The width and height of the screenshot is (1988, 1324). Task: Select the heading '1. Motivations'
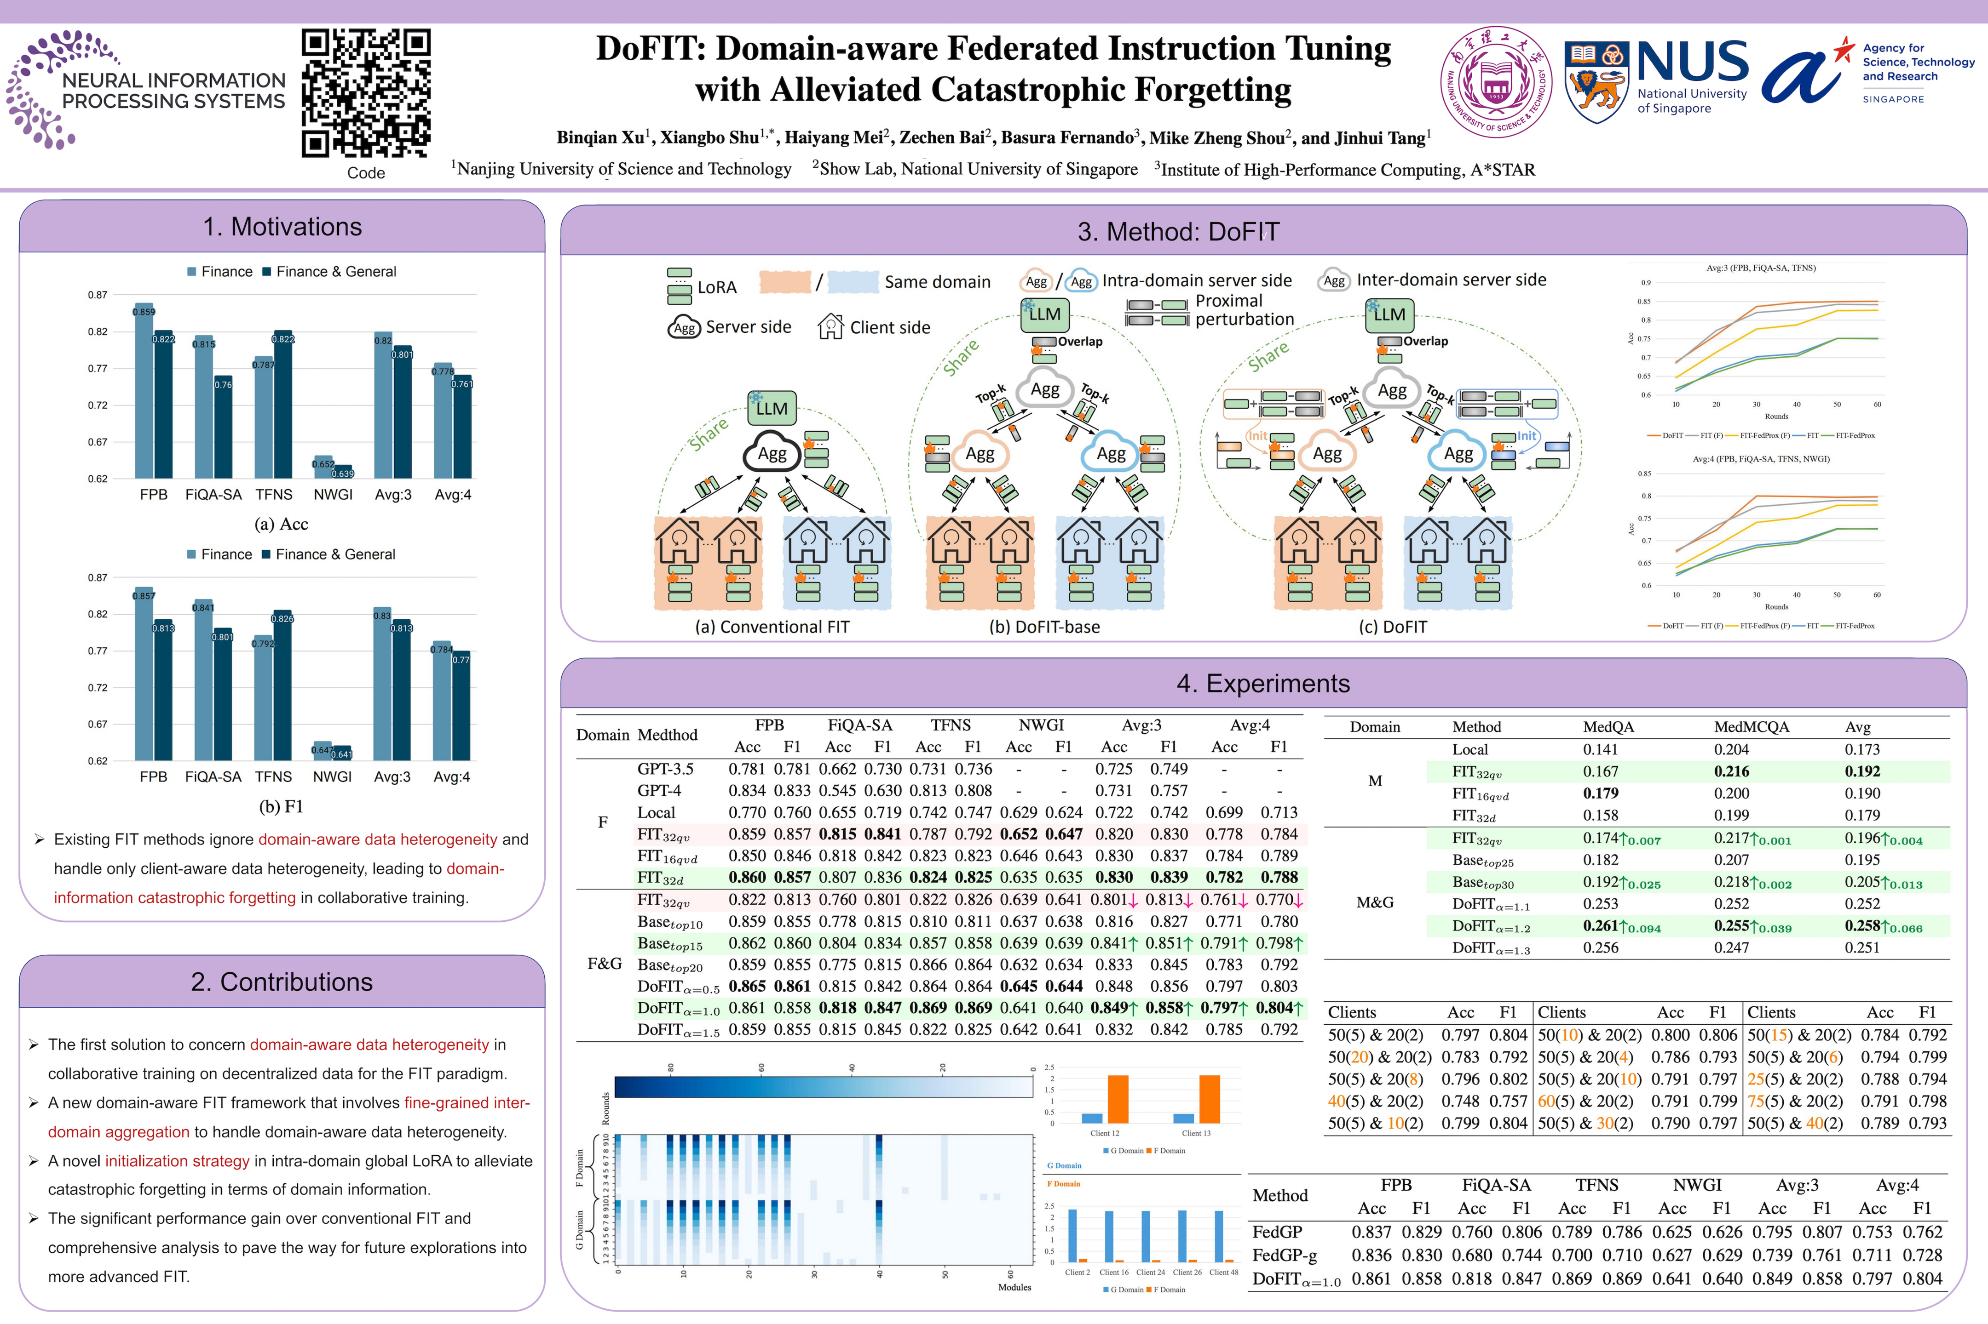[282, 227]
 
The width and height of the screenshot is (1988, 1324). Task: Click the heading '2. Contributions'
[282, 982]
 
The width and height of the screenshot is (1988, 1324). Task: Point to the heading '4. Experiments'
[1263, 683]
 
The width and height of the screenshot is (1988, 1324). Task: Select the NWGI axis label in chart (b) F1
[332, 777]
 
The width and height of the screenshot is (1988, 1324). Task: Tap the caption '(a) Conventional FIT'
[772, 627]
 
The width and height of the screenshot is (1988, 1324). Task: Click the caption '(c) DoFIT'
[1392, 627]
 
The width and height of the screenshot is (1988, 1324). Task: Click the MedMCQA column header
[1752, 727]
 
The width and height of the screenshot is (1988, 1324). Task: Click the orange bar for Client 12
[1118, 1099]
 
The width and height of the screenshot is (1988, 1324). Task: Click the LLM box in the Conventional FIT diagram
[772, 409]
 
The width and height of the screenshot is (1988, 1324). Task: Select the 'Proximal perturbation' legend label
[1244, 310]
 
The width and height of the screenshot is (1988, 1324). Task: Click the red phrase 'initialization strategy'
[177, 1161]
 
